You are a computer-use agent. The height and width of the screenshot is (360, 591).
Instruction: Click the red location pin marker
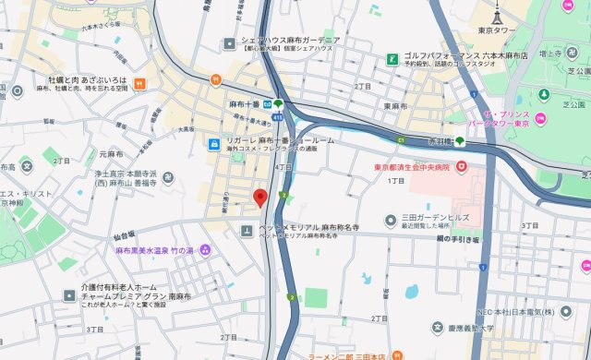point(260,197)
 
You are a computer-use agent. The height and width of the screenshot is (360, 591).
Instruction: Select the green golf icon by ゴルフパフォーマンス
point(392,60)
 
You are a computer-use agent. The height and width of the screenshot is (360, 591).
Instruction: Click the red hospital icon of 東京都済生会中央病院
point(464,167)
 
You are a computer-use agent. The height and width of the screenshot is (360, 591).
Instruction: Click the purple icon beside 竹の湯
point(205,250)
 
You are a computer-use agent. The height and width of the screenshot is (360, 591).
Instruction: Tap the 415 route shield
point(278,118)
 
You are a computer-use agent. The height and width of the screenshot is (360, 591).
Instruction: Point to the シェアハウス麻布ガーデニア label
point(290,42)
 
